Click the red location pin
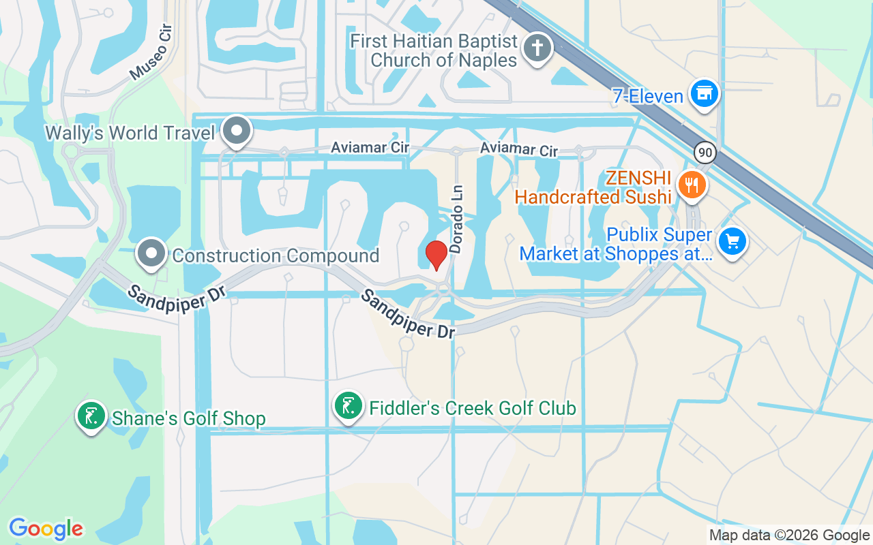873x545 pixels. (x=436, y=254)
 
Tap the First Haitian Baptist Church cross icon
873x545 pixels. (x=537, y=48)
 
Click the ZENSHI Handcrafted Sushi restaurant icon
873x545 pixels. (x=692, y=184)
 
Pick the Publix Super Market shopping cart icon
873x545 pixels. (x=733, y=241)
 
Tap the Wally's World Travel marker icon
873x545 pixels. (x=238, y=130)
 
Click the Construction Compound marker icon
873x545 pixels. (x=151, y=254)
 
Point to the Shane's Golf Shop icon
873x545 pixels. (x=91, y=416)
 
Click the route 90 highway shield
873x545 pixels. (x=705, y=152)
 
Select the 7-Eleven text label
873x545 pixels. (x=647, y=97)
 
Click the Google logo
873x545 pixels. (x=46, y=529)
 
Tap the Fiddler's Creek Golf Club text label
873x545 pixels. (x=473, y=409)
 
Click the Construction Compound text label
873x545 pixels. (x=276, y=256)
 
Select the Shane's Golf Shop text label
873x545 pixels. (x=188, y=418)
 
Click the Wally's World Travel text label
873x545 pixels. (x=130, y=133)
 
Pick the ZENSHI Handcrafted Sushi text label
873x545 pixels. (x=593, y=187)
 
